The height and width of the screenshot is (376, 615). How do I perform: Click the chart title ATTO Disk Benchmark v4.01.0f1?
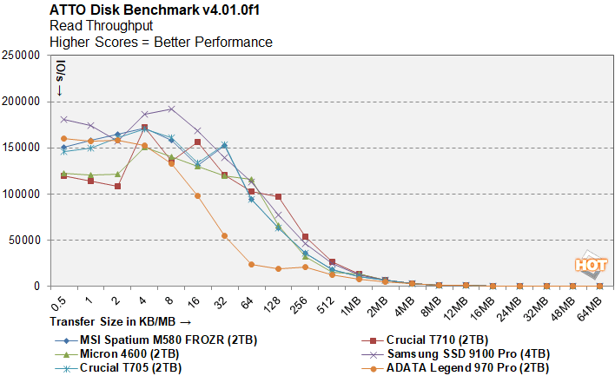[x=143, y=11]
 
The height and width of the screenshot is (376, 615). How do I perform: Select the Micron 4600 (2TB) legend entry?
[x=129, y=353]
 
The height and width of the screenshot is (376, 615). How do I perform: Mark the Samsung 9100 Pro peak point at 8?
[x=171, y=109]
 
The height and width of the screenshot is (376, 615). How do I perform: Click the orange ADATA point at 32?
[x=224, y=235]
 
